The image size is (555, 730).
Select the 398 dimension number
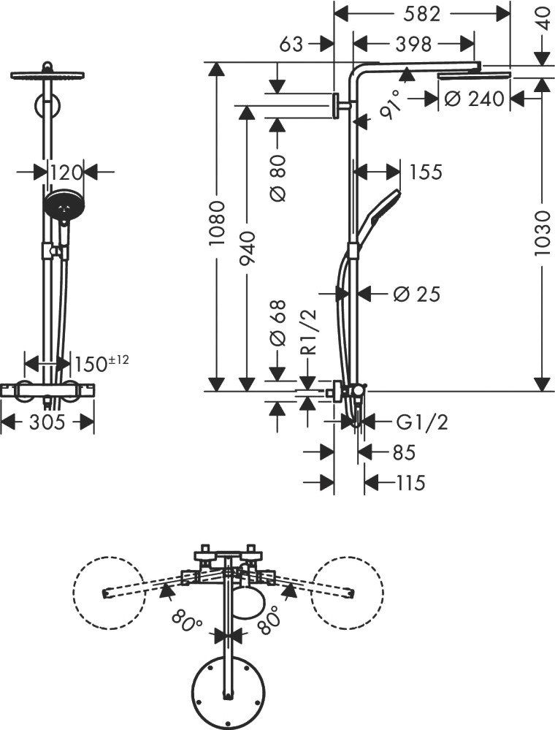(412, 44)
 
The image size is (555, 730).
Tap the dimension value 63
(291, 44)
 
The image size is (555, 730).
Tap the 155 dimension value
(426, 172)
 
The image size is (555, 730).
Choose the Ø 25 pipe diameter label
(416, 294)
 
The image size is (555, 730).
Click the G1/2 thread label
(421, 422)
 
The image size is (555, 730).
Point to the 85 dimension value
(404, 453)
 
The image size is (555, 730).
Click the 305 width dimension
(47, 422)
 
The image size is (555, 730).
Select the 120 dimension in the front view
(66, 172)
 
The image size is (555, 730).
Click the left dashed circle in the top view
(108, 593)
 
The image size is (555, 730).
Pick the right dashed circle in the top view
(347, 593)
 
